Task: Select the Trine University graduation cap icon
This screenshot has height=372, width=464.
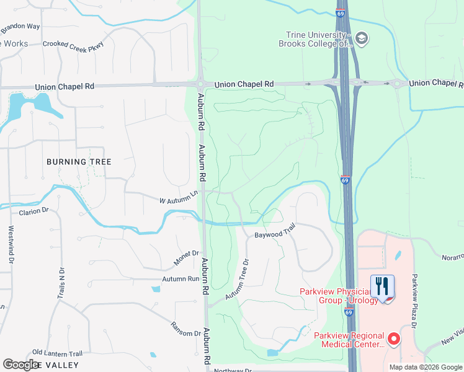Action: (x=362, y=40)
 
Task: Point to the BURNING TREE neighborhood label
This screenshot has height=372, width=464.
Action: (x=79, y=162)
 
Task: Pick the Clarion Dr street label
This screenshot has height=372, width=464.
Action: (x=34, y=211)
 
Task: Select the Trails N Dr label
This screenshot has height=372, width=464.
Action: (x=61, y=285)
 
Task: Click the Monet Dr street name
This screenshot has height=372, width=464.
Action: (x=186, y=258)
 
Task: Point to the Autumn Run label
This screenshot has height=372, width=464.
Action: (x=181, y=280)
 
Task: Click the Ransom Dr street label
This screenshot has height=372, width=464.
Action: (x=186, y=329)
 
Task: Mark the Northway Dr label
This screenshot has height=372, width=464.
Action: (x=233, y=370)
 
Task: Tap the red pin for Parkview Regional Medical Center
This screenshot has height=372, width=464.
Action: (x=393, y=339)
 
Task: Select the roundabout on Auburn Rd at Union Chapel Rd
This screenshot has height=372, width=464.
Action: (x=200, y=84)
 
